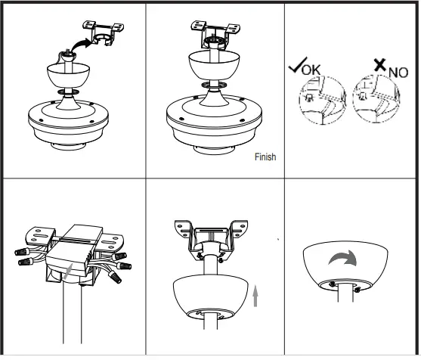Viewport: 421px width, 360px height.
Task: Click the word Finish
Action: (265, 157)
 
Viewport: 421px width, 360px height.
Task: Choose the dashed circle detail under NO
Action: (379, 107)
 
